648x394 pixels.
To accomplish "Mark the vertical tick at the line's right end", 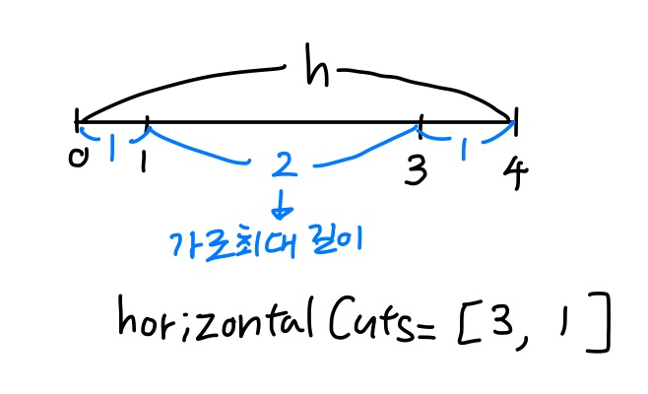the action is [515, 123].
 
